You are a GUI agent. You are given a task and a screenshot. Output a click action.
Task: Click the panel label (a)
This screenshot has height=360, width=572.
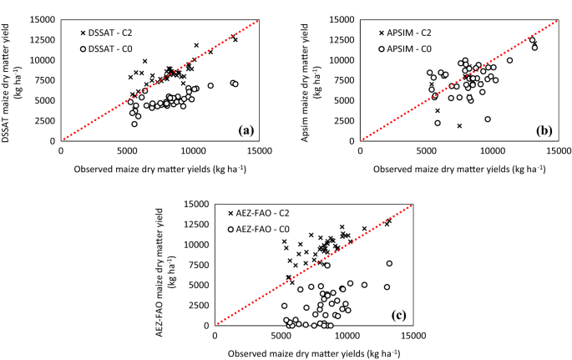[x=246, y=130]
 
